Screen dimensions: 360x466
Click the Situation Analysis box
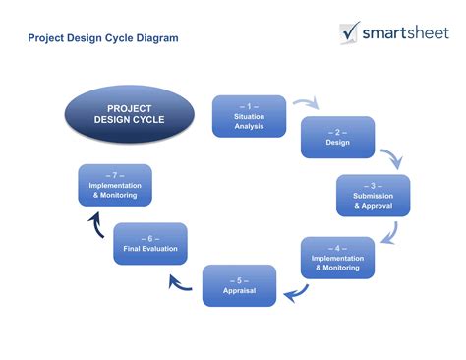(249, 116)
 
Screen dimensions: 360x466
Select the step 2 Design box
(337, 137)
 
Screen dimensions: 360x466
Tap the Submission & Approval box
(373, 195)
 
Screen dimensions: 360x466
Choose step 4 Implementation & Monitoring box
(337, 257)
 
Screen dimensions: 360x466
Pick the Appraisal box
(240, 285)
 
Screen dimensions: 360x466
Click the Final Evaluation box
(150, 243)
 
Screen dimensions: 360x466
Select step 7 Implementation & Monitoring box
(115, 185)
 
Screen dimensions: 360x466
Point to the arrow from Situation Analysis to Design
(306, 102)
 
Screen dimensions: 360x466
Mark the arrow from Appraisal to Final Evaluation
(180, 283)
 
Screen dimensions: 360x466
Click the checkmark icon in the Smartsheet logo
(351, 31)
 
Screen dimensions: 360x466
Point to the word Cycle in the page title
(115, 38)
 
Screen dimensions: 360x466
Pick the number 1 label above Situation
(249, 105)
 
